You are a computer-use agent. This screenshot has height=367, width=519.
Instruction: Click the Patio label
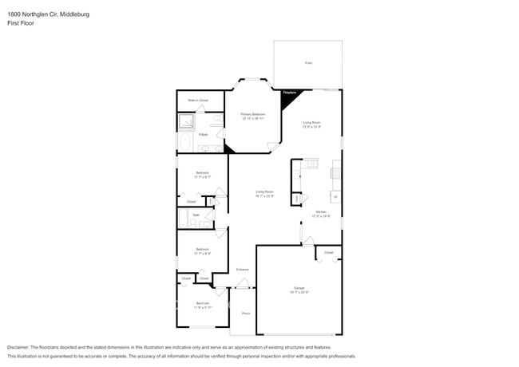point(308,62)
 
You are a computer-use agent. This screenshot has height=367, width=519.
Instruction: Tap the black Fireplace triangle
point(287,94)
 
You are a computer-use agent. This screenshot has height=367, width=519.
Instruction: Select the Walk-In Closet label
point(198,101)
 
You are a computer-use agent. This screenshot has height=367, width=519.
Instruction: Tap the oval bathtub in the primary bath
point(184,144)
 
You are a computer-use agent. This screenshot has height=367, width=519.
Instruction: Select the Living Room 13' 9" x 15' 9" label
point(311,124)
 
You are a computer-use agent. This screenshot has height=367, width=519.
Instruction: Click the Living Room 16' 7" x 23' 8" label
point(264,193)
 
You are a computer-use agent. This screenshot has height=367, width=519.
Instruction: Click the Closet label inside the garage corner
point(328,252)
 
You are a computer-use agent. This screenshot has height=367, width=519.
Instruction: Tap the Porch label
point(246,314)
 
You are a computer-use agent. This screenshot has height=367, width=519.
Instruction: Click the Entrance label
point(242,270)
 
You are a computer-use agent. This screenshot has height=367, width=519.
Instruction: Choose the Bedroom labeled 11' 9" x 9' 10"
point(204,304)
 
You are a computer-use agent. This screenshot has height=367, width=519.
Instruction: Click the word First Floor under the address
point(21,24)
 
